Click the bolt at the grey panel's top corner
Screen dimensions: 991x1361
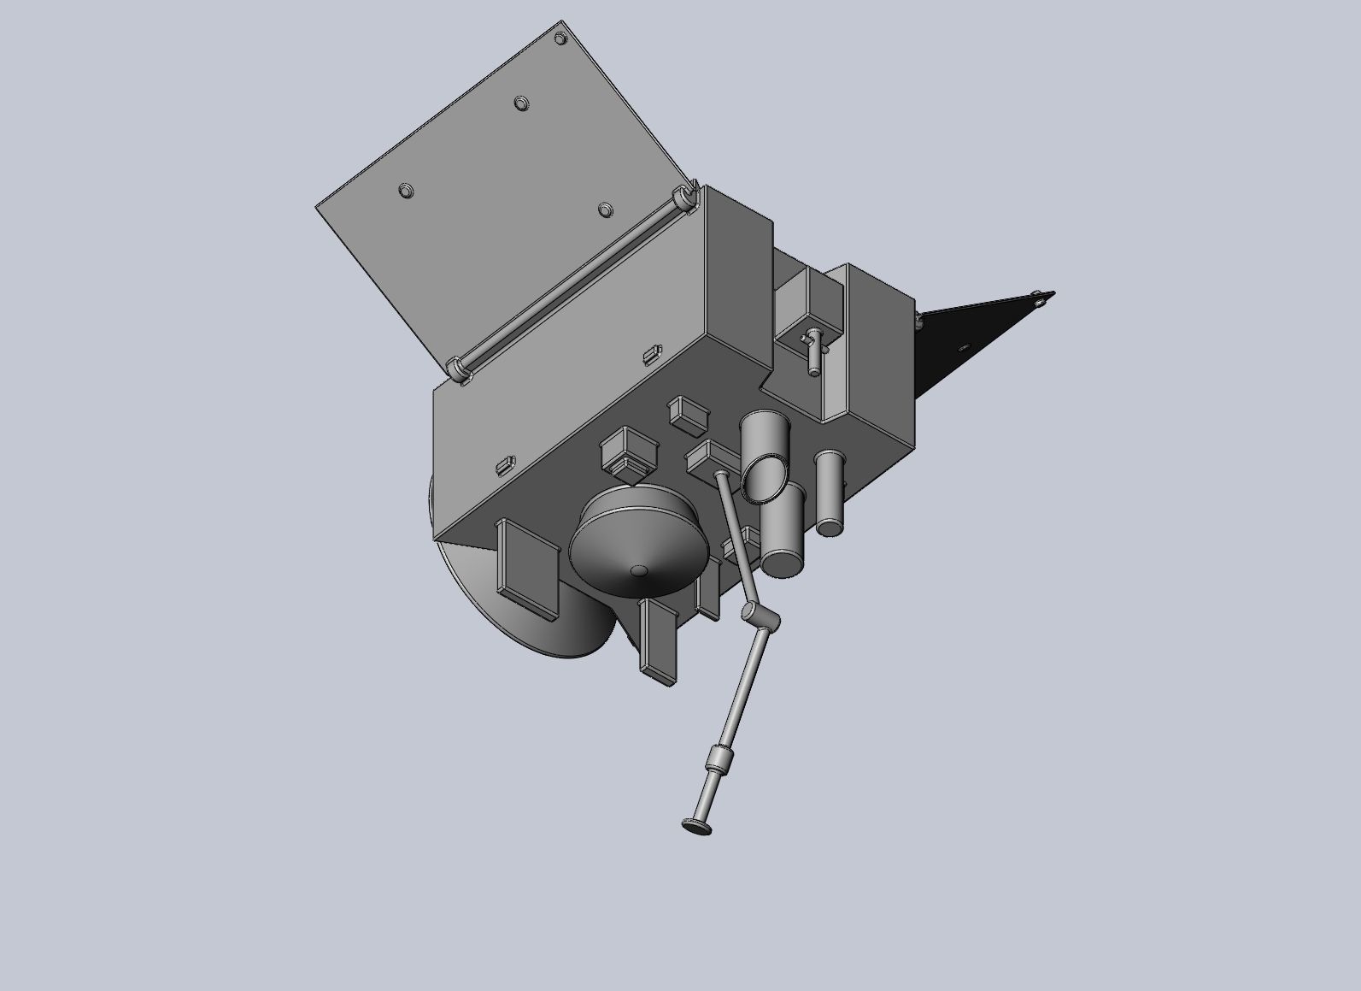tap(560, 38)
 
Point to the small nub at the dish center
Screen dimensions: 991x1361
tap(638, 570)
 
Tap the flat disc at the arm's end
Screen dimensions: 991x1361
tap(697, 825)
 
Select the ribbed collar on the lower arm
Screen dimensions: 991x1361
tap(721, 758)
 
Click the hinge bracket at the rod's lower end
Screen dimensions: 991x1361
tap(459, 370)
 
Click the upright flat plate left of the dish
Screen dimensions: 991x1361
tap(525, 568)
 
